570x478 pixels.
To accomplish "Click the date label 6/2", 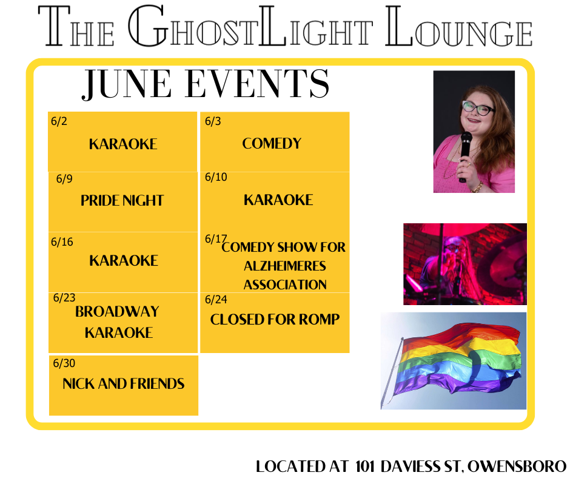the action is pyautogui.click(x=59, y=121).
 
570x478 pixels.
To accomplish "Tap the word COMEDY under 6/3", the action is pyautogui.click(x=272, y=143).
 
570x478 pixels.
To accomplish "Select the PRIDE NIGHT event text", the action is pyautogui.click(x=122, y=200).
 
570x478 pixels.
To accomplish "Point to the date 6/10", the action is pyautogui.click(x=216, y=177).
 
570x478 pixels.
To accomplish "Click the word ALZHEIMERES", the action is pyautogui.click(x=284, y=266).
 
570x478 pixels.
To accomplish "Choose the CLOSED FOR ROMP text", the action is pyautogui.click(x=275, y=320).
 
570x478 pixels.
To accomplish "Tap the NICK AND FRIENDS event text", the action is pyautogui.click(x=124, y=384).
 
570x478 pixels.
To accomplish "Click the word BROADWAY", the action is pyautogui.click(x=117, y=312).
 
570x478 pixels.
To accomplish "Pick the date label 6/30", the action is pyautogui.click(x=64, y=363).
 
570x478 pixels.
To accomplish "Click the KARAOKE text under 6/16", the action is pyautogui.click(x=124, y=260).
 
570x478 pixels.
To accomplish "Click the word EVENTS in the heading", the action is pyautogui.click(x=257, y=84).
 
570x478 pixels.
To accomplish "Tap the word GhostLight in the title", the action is pyautogui.click(x=250, y=26).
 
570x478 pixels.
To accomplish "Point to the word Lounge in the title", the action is pyautogui.click(x=459, y=26).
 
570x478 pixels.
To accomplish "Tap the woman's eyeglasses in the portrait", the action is pyautogui.click(x=478, y=108).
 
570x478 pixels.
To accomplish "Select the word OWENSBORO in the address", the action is pyautogui.click(x=517, y=466).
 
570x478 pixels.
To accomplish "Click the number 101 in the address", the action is pyautogui.click(x=365, y=466).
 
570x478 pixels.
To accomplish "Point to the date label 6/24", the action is pyautogui.click(x=216, y=300).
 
